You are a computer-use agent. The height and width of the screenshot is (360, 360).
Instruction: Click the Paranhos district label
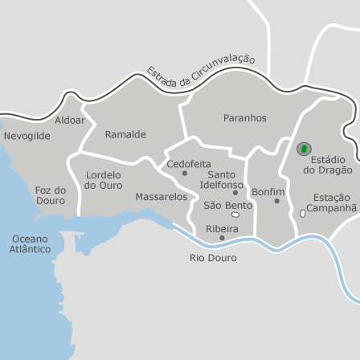coord(244,118)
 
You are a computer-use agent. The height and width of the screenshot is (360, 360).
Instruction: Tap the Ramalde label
coord(125,134)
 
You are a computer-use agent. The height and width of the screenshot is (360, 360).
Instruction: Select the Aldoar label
coord(70,121)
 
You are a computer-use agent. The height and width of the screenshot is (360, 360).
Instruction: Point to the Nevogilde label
coord(27,136)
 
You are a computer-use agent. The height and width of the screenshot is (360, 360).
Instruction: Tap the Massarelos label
coord(161,197)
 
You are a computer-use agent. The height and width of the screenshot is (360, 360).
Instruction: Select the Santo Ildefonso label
coord(222,180)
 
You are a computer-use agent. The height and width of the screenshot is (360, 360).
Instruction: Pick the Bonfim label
coord(268,192)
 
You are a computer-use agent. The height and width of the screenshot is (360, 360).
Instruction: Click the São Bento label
coord(227,206)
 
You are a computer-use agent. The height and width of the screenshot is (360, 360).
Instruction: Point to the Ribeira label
coord(222,229)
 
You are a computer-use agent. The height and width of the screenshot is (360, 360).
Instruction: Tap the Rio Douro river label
coord(213,258)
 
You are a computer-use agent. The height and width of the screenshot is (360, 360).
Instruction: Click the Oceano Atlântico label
coord(30,244)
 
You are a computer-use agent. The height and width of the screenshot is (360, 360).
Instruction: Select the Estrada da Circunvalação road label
coord(200,70)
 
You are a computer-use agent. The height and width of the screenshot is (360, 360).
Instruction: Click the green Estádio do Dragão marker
coord(304,149)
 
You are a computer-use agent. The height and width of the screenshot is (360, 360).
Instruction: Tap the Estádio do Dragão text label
coord(327,165)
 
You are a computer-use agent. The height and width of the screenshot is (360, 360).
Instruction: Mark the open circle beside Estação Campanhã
coord(302,214)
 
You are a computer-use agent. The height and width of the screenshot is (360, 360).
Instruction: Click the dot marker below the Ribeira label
coord(222,238)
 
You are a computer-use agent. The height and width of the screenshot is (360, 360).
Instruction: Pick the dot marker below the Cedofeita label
coord(185,173)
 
